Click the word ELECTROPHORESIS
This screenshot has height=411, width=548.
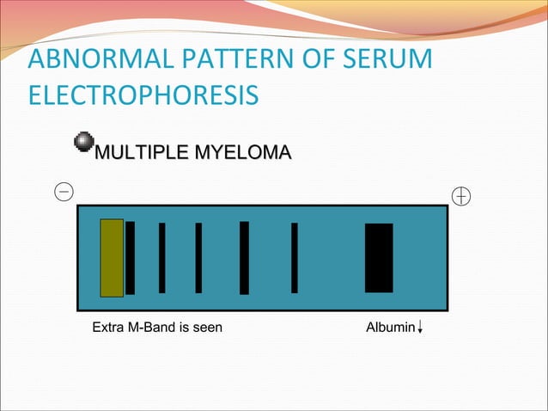point(143,95)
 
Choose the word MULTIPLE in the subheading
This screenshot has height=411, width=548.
point(142,155)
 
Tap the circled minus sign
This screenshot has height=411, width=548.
point(64,191)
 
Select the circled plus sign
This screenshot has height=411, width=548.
point(461,197)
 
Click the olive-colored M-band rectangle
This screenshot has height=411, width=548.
point(112,258)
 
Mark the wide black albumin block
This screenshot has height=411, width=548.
point(379,258)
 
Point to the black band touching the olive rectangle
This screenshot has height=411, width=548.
point(130,258)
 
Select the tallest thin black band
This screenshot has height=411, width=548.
point(244,258)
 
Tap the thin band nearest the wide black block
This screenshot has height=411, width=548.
point(295,258)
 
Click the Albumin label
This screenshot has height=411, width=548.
point(390,327)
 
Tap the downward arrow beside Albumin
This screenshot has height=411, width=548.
point(419,327)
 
